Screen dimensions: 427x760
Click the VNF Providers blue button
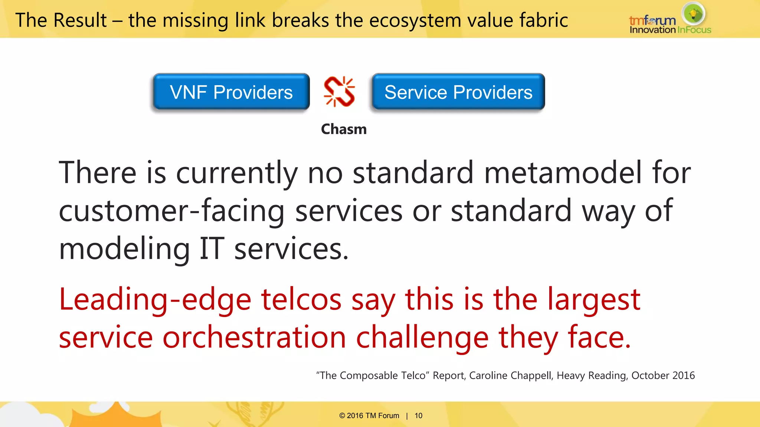[231, 92]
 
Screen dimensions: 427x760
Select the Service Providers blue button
[458, 92]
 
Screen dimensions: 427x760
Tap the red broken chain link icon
[339, 92]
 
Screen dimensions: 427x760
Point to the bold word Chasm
[344, 129]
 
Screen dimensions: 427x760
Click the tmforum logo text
[652, 20]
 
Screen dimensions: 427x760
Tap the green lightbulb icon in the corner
[693, 14]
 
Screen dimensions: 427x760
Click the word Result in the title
[80, 20]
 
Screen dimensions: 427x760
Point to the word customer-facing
[171, 211]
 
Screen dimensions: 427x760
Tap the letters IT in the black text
[212, 249]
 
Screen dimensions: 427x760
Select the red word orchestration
[254, 337]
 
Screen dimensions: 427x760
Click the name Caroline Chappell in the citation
[511, 375]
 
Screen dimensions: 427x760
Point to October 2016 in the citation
[663, 375]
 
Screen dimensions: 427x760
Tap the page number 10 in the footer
[419, 416]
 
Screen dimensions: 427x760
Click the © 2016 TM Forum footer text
[369, 416]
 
